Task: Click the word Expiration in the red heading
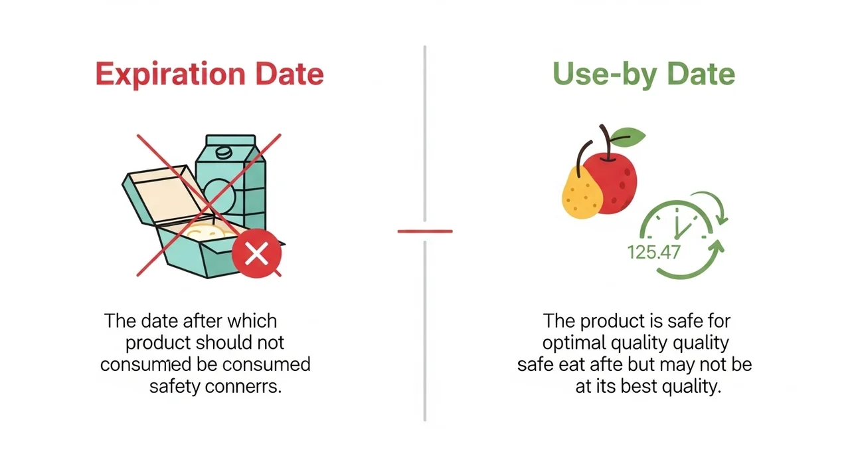(171, 74)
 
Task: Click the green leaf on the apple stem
(628, 137)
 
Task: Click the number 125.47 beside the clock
(653, 253)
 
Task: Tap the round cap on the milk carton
(224, 153)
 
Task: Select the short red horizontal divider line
(425, 231)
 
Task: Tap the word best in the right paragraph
(638, 386)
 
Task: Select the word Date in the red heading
(290, 74)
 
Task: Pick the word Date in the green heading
(701, 74)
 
